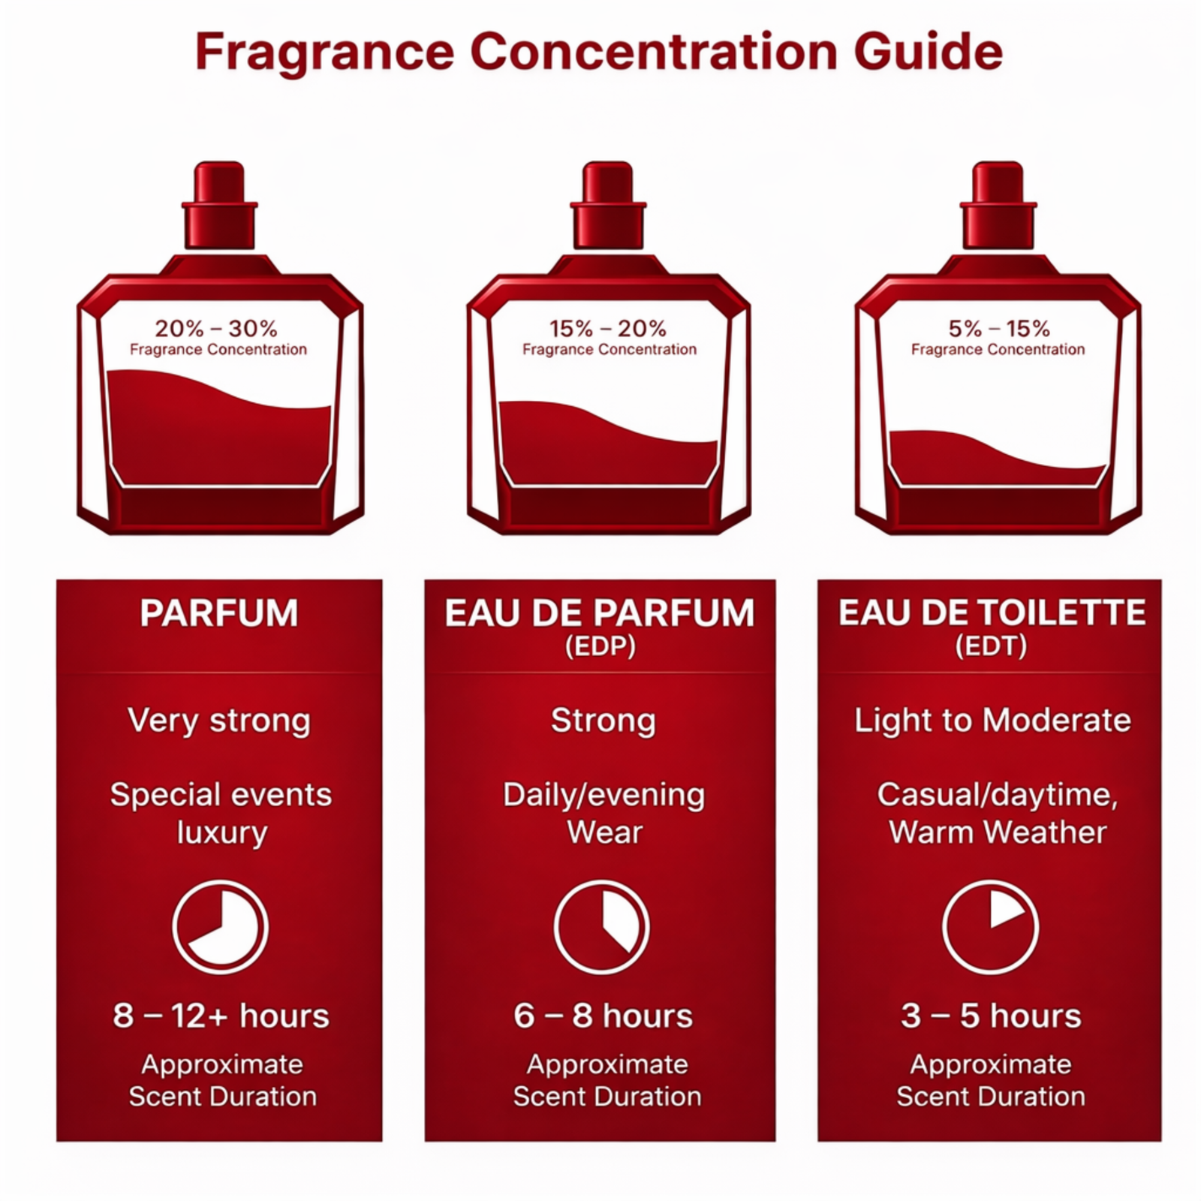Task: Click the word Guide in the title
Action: [928, 53]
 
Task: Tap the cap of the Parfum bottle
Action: [220, 205]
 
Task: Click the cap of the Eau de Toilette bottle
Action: [998, 205]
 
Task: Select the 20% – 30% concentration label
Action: [216, 328]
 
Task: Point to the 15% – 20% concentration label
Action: [608, 328]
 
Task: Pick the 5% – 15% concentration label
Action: [999, 328]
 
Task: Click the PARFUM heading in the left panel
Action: [219, 613]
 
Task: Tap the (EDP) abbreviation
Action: [600, 646]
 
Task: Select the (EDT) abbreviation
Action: [991, 646]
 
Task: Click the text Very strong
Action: [219, 721]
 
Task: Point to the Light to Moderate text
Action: [992, 721]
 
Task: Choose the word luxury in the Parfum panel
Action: [222, 833]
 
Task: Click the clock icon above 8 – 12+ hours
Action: [220, 928]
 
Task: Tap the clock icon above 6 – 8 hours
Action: [601, 928]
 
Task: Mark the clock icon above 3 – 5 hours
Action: [990, 928]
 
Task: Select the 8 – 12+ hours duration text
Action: [221, 1016]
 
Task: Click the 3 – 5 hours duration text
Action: [991, 1016]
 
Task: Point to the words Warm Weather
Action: [998, 832]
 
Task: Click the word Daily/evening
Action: [604, 796]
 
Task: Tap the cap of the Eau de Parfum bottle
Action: [608, 205]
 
